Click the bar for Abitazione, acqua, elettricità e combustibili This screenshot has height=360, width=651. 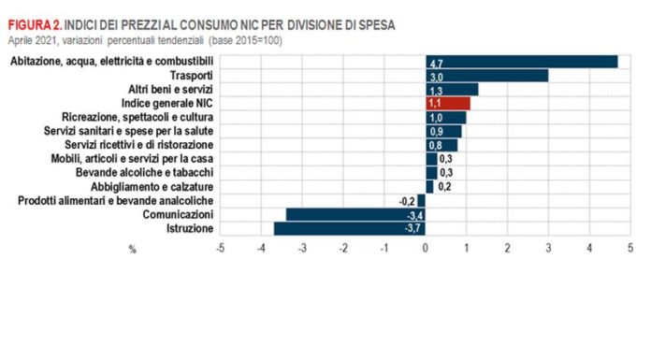[521, 62]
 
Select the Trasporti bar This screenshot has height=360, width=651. [486, 76]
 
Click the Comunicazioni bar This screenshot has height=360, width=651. [355, 214]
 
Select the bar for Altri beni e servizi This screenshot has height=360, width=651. [452, 90]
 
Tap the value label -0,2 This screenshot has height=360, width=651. [406, 201]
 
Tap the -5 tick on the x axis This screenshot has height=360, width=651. [219, 249]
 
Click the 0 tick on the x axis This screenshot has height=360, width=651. [426, 249]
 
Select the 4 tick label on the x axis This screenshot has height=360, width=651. [589, 249]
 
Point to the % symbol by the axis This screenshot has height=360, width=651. [132, 249]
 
